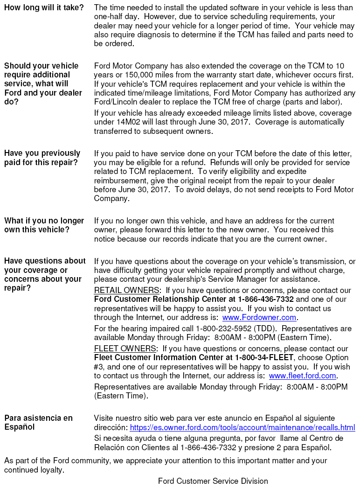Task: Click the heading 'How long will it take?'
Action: click(44, 8)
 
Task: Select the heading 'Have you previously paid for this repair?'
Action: click(42, 158)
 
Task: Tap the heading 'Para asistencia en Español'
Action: click(38, 423)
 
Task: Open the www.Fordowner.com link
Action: click(259, 318)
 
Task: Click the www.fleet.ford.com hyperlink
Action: click(302, 376)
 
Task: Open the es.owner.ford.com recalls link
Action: click(242, 428)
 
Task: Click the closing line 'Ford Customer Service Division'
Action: click(213, 481)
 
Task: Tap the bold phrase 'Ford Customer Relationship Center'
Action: click(154, 300)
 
